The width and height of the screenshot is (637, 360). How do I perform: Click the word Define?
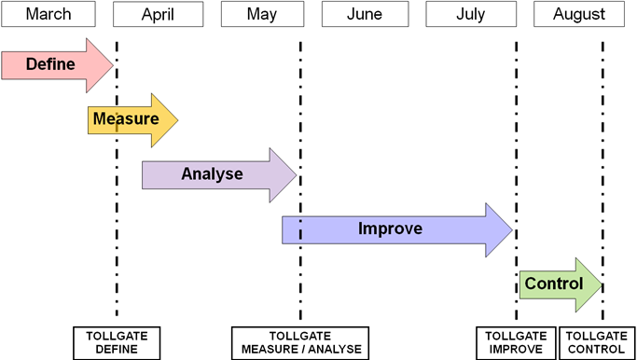[x=50, y=64]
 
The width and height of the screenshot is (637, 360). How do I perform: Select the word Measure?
[x=125, y=119]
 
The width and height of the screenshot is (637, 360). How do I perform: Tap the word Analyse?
[x=212, y=174]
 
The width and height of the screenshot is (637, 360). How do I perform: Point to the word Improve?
[x=390, y=228]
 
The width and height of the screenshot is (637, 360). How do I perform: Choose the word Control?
[x=553, y=284]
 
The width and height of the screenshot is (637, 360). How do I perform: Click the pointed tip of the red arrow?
[x=112, y=65]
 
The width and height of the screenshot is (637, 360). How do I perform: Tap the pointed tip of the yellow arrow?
[x=176, y=120]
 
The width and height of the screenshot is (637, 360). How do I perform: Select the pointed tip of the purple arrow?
[x=295, y=175]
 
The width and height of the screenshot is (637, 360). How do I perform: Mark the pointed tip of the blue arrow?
[x=511, y=229]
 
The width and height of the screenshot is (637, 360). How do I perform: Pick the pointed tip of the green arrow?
[x=601, y=285]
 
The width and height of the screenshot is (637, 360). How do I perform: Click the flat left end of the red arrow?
[x=4, y=65]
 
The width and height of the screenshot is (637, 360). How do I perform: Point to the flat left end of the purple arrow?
[x=144, y=175]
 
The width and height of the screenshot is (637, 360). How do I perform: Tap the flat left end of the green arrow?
[x=521, y=285]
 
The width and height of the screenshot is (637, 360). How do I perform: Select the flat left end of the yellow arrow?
[x=90, y=120]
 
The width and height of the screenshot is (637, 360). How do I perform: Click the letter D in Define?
[x=31, y=64]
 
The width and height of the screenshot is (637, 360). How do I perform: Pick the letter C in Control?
[x=530, y=284]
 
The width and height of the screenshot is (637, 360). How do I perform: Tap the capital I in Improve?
[x=361, y=228]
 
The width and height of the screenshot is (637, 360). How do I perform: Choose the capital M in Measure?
[x=99, y=119]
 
